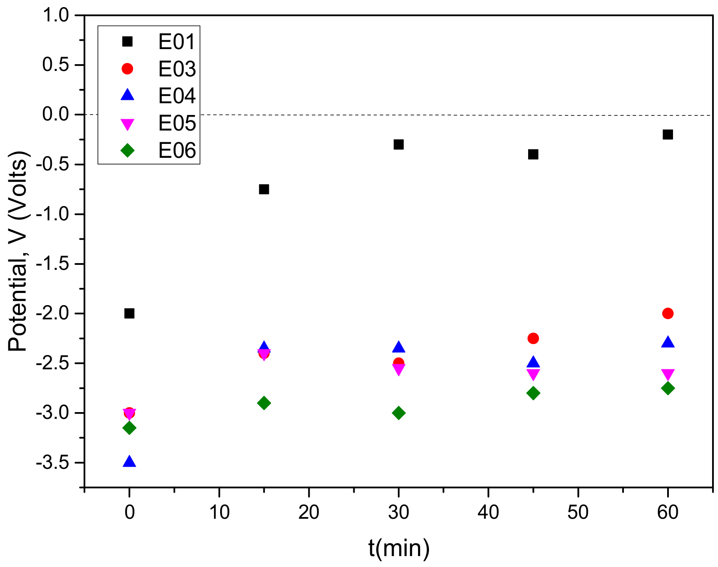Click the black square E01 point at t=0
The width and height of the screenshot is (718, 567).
tap(129, 314)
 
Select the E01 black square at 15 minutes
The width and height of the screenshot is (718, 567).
tap(264, 189)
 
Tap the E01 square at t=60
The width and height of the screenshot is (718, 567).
tap(668, 134)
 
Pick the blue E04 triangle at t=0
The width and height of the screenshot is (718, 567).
tap(129, 462)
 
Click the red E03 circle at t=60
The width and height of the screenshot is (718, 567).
tap(668, 314)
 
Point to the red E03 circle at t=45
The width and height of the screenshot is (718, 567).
tap(533, 338)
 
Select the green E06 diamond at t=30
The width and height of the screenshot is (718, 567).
tap(398, 413)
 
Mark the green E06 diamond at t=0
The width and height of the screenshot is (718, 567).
tap(129, 428)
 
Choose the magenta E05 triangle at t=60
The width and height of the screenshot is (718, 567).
tap(668, 374)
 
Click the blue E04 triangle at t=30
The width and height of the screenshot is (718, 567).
tap(398, 347)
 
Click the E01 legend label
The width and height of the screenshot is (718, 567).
tap(177, 42)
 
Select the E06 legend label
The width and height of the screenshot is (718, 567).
tap(177, 150)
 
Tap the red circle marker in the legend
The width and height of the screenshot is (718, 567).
tap(127, 69)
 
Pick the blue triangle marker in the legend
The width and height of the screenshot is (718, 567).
tap(127, 95)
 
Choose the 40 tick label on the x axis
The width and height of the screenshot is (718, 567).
tap(488, 512)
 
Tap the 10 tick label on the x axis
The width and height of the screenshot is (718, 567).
tap(219, 512)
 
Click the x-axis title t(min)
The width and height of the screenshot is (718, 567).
tap(399, 548)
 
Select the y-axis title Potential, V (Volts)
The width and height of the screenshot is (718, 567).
tap(18, 251)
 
